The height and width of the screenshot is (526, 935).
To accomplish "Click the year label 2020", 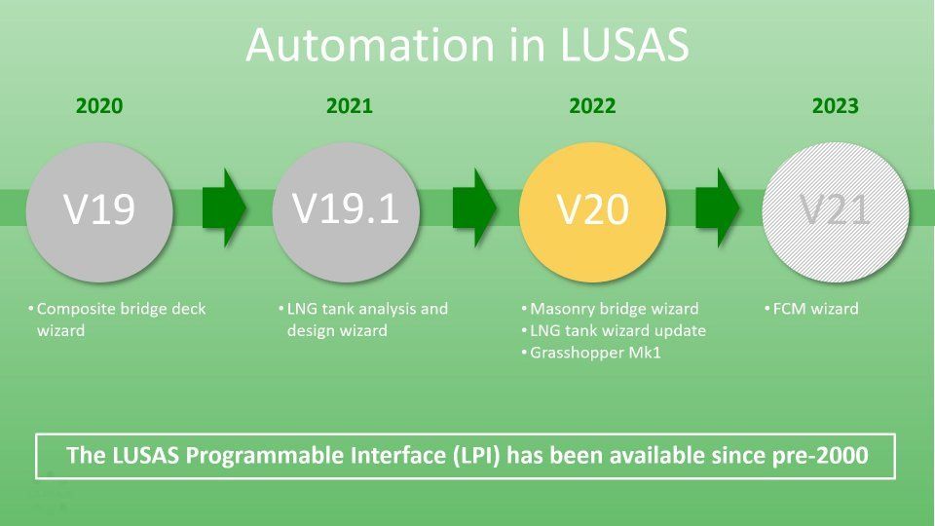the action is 99,105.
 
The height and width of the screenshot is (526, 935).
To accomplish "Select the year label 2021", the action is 350,105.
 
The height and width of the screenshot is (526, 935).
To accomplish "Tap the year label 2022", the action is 592,105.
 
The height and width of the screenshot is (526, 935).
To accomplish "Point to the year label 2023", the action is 836,105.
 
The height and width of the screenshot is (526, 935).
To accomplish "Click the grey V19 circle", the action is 99,211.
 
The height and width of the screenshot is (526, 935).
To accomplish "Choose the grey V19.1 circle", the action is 347,211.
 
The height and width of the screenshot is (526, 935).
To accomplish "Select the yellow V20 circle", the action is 593,211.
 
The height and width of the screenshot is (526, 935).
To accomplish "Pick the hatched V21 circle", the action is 836,211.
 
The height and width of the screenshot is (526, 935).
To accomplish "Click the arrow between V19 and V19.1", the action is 224,207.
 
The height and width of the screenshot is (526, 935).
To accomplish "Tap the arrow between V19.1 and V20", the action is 474,207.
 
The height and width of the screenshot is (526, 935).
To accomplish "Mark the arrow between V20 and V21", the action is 718,207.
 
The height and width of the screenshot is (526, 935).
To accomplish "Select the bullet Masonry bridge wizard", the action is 615,309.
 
